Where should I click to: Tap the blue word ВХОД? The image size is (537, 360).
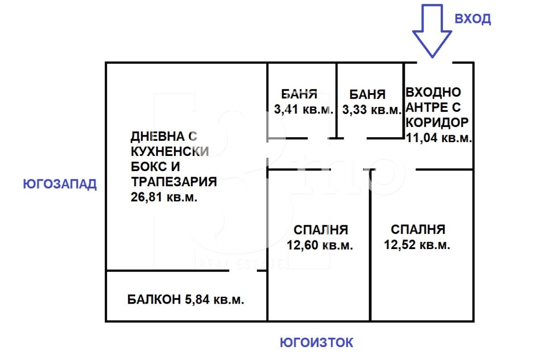473,18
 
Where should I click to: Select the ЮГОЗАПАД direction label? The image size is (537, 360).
60,184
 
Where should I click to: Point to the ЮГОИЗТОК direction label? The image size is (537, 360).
316,342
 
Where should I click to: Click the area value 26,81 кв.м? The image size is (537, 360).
164,197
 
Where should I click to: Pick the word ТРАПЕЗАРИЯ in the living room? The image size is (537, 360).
174,182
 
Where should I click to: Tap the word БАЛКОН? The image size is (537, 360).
154,299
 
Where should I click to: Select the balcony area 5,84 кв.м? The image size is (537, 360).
215,299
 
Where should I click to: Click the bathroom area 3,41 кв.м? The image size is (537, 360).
303,109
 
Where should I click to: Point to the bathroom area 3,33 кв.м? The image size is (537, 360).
372,110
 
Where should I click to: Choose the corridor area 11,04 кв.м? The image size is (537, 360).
439,138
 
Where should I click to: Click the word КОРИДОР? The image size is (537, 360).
437,122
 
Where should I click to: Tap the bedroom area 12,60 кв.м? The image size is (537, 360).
320,245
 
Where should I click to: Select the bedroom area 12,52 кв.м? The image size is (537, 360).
417,245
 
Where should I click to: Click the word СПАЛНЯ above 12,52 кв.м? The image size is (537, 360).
418,229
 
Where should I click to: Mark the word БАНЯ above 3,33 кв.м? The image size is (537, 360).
368,94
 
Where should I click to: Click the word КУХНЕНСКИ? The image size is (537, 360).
170,151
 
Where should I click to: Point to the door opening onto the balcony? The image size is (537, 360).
243,271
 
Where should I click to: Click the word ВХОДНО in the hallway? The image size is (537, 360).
434,92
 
